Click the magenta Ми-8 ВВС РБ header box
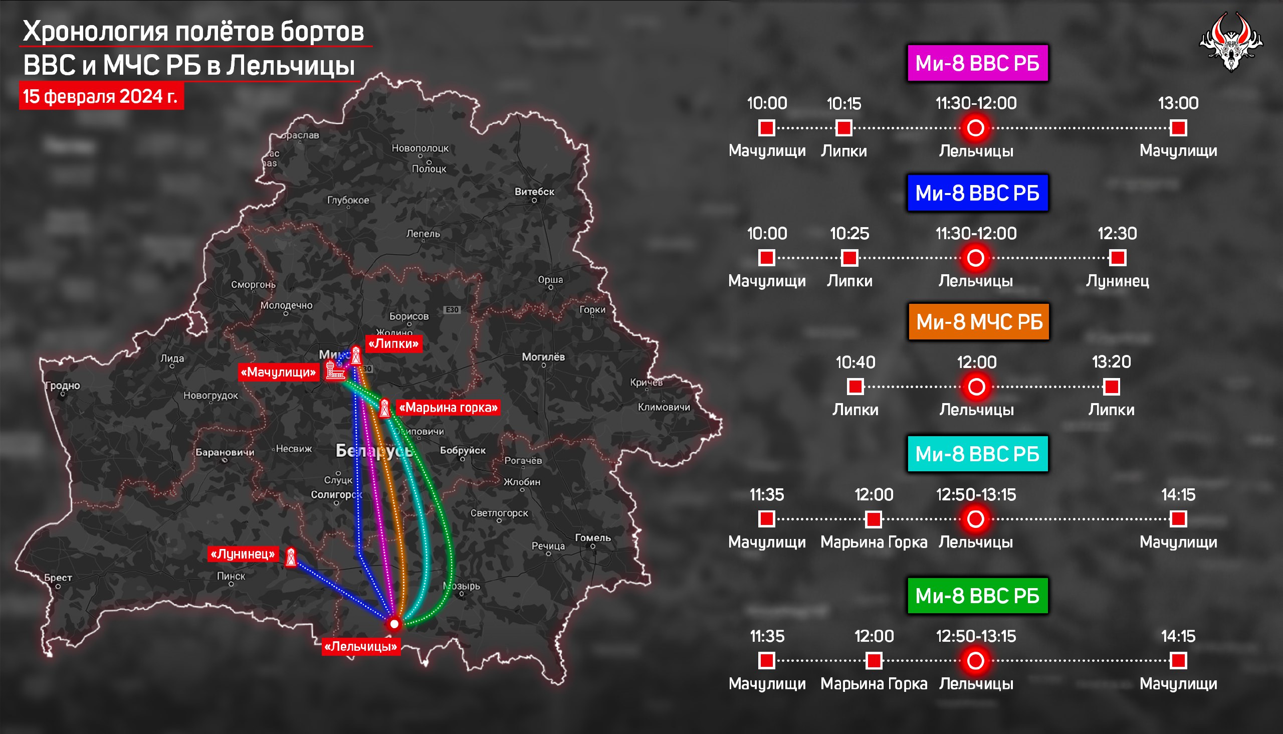(977, 64)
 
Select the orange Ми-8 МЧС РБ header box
(979, 322)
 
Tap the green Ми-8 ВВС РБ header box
(977, 596)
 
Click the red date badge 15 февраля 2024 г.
(101, 96)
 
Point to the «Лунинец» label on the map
(243, 554)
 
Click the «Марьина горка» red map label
(448, 407)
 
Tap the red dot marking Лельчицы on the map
(394, 624)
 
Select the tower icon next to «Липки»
(356, 355)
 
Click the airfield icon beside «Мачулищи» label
(334, 372)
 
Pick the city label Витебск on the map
(534, 192)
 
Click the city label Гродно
(63, 386)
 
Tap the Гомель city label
(592, 538)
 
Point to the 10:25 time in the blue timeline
(849, 234)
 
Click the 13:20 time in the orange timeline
(1111, 362)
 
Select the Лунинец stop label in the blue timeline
(1117, 281)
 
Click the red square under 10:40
(855, 387)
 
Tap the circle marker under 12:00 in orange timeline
(976, 387)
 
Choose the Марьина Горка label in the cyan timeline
(874, 542)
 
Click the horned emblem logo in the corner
(1230, 42)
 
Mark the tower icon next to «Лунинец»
(291, 557)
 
